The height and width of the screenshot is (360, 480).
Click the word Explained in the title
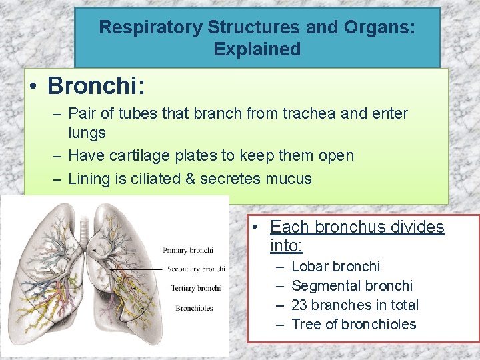click(x=257, y=49)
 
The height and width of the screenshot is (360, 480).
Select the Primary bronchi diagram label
click(x=187, y=250)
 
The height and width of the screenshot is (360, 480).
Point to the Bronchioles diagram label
click(x=194, y=308)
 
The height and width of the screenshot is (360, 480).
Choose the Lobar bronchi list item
click(x=336, y=267)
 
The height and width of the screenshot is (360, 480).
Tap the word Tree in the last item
click(x=306, y=325)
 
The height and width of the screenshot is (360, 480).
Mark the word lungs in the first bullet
click(x=87, y=133)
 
